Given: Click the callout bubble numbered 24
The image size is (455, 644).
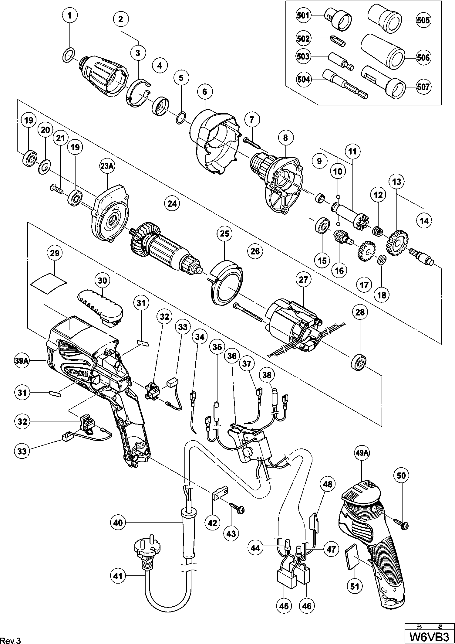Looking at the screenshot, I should [x=172, y=204].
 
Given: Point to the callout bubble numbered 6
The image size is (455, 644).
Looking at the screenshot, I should [x=205, y=92].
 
